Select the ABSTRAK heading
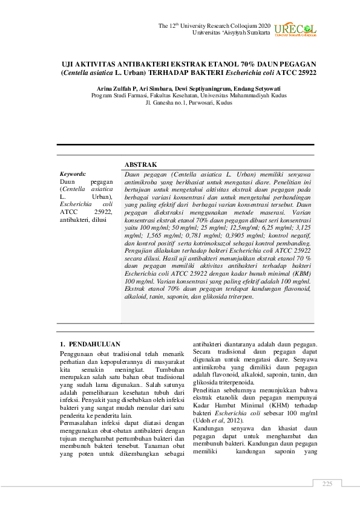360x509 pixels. [x=140, y=164]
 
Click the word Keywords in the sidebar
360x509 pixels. [x=73, y=173]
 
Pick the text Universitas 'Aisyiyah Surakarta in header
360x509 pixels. [x=231, y=33]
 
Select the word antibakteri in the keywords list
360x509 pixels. [x=74, y=220]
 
